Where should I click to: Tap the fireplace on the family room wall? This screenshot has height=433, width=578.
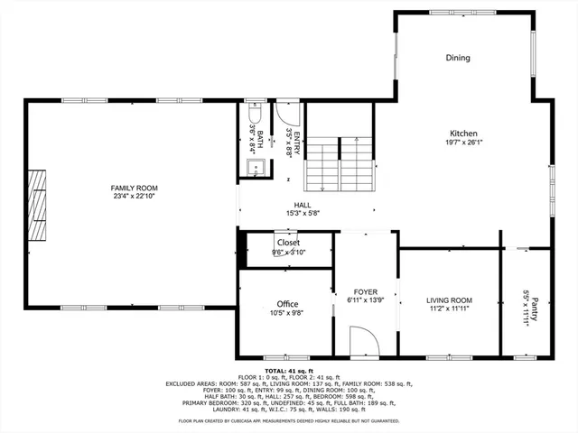click(35, 205)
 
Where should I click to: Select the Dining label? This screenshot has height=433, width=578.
click(458, 59)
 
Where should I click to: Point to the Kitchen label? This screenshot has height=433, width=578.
click(464, 133)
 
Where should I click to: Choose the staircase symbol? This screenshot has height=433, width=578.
click(340, 163)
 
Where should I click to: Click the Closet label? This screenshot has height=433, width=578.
click(288, 243)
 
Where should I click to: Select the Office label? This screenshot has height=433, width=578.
click(288, 304)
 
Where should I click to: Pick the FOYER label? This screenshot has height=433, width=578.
click(365, 292)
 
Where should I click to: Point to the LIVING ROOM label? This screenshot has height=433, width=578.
click(449, 299)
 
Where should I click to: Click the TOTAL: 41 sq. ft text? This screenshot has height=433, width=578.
click(289, 371)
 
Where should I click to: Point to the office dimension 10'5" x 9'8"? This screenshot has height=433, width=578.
click(288, 314)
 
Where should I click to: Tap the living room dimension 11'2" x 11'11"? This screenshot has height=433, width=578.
click(449, 309)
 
